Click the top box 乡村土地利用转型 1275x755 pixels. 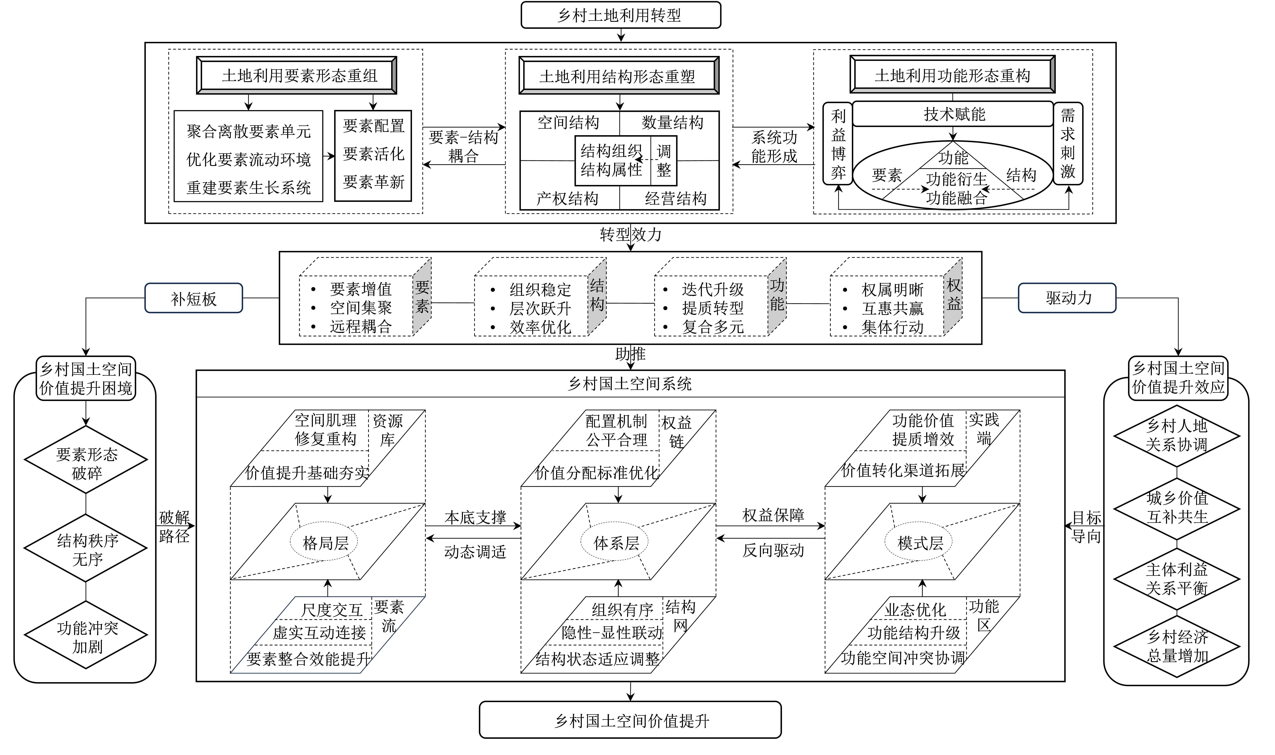click(620, 15)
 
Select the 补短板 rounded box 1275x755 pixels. click(193, 298)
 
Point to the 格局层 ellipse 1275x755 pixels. click(324, 543)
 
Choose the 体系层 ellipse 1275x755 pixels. click(615, 543)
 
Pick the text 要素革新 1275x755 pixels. click(374, 182)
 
